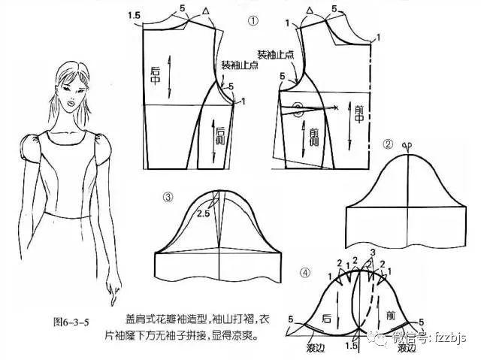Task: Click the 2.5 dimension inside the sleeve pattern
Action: click(202, 213)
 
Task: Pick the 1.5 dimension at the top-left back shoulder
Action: click(135, 15)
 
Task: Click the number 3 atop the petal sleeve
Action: click(371, 250)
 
